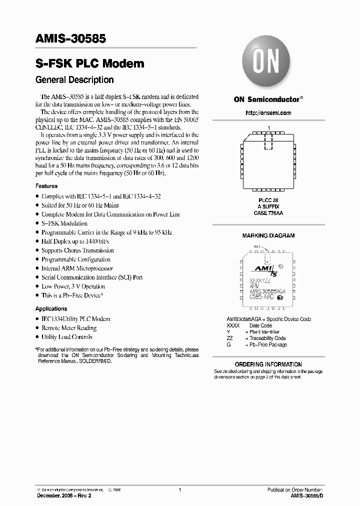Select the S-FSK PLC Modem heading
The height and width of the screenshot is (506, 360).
pyautogui.click(x=90, y=63)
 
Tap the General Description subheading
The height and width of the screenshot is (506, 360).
pyautogui.click(x=74, y=80)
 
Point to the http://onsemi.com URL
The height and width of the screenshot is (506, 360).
pyautogui.click(x=268, y=113)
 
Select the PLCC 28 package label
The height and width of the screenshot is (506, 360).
pyautogui.click(x=268, y=199)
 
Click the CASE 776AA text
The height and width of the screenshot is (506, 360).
pyautogui.click(x=268, y=212)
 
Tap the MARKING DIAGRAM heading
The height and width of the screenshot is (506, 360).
pyautogui.click(x=268, y=235)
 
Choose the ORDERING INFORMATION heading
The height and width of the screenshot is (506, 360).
pyautogui.click(x=268, y=364)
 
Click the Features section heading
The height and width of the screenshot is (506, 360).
pyautogui.click(x=46, y=186)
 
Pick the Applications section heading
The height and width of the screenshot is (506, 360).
pyautogui.click(x=51, y=308)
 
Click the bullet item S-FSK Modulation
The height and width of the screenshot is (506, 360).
pyautogui.click(x=64, y=223)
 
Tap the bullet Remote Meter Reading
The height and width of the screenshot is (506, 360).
pyautogui.click(x=69, y=328)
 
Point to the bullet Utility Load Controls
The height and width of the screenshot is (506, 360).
pyautogui.click(x=66, y=337)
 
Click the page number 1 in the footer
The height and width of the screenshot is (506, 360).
pyautogui.click(x=179, y=490)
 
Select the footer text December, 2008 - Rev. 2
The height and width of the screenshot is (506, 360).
pyautogui.click(x=63, y=495)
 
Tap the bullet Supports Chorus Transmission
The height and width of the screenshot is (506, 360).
pyautogui.click(x=77, y=250)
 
